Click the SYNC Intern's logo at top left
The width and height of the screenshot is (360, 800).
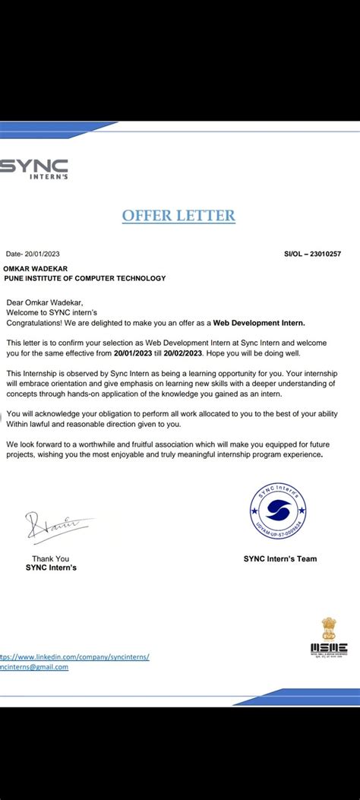pos(34,169)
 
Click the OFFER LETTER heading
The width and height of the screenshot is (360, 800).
pos(178,216)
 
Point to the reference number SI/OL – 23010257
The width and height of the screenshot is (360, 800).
pos(311,254)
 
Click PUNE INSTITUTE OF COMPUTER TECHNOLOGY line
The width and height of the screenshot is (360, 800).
pos(85,278)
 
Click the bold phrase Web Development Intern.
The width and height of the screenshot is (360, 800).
pos(258,322)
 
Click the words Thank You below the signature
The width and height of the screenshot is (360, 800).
pos(50,558)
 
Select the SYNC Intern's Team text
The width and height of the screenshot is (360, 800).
pos(280,558)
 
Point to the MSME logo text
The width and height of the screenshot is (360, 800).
pos(328,648)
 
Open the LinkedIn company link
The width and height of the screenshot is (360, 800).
pos(74,656)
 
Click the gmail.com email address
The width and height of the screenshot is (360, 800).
pos(34,667)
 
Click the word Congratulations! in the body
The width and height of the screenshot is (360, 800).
pos(36,322)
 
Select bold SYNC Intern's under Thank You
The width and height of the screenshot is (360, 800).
pos(51,568)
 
